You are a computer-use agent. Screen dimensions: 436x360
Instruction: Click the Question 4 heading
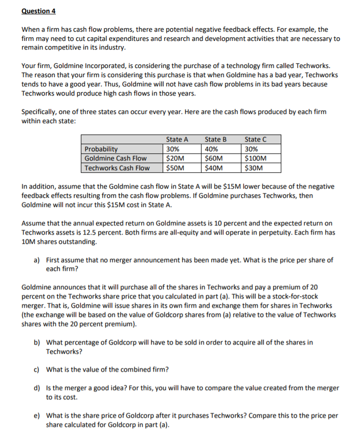[x=38, y=11]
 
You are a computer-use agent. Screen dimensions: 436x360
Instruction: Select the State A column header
[x=177, y=139]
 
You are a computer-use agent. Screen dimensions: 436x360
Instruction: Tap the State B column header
[x=215, y=139]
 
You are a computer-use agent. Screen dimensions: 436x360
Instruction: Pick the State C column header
[x=255, y=139]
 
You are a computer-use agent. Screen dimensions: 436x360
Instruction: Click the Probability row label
[x=101, y=149]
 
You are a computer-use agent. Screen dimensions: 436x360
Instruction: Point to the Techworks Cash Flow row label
[x=117, y=168]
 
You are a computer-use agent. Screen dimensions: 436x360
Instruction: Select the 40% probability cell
[x=211, y=149]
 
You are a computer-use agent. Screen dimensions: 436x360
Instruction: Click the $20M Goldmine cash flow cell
[x=175, y=158]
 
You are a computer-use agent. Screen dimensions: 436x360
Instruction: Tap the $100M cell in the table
[x=256, y=158]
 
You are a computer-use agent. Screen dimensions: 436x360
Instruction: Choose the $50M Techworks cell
[x=175, y=168]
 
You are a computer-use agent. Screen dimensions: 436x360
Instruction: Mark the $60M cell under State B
[x=214, y=158]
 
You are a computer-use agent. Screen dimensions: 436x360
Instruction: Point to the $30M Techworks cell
[x=254, y=168]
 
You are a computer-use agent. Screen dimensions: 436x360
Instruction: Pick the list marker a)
[x=37, y=260]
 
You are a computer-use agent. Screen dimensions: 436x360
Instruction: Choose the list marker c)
[x=37, y=369]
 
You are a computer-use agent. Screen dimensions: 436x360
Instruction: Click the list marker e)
[x=37, y=415]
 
